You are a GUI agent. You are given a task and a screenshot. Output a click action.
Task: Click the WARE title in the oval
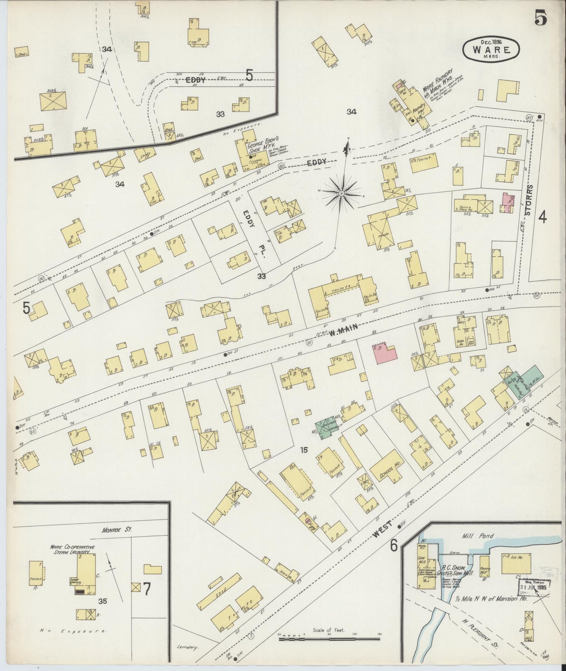tap(492, 50)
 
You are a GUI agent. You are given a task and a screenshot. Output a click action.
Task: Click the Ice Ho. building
tap(517, 565)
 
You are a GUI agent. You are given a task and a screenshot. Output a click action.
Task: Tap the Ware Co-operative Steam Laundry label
tap(72, 549)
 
